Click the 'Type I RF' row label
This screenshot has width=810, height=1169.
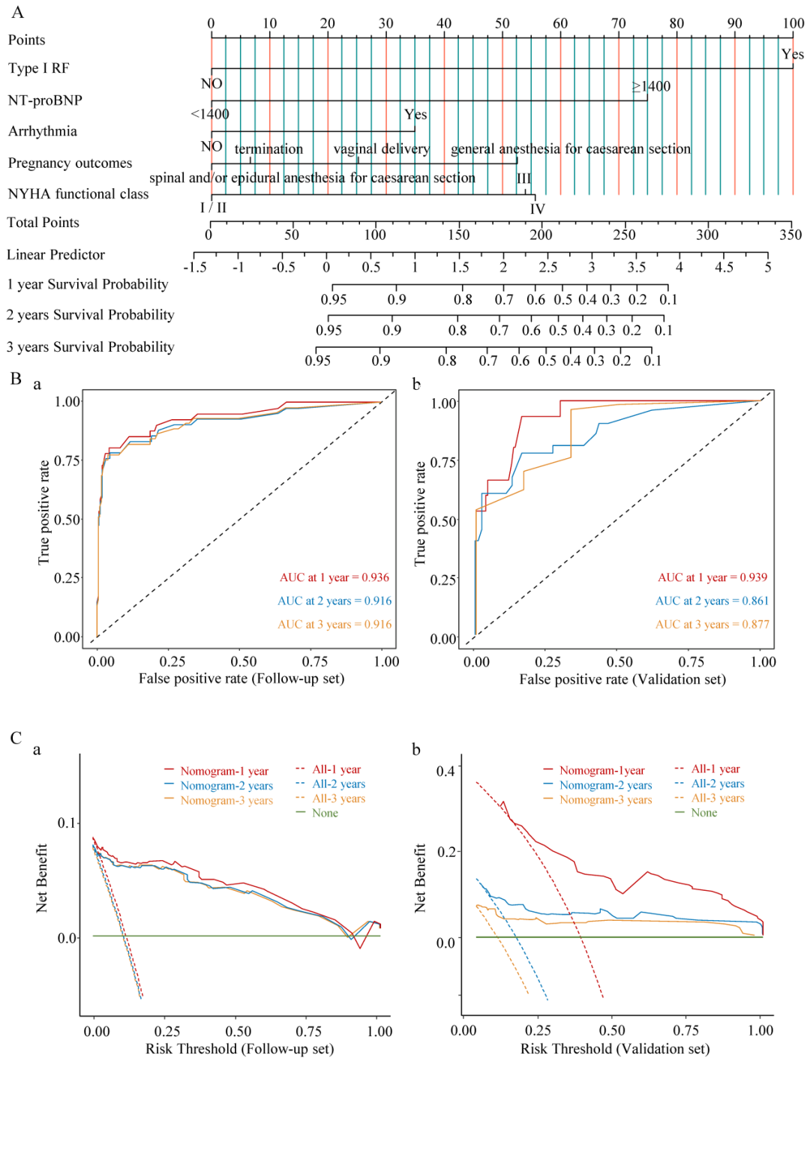38,68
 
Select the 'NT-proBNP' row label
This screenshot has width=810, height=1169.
45,100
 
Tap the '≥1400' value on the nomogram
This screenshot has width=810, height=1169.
651,86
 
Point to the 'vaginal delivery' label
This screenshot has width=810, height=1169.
381,148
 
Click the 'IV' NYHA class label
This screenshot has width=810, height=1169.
537,209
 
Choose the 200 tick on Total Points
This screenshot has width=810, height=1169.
541,235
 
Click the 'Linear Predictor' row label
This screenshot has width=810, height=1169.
55,255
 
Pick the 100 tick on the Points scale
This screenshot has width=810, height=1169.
793,23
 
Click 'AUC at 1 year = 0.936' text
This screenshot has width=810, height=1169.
334,577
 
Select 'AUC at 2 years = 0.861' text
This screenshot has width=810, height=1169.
712,601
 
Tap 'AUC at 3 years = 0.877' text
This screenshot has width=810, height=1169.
712,624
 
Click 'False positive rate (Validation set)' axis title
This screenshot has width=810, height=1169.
622,679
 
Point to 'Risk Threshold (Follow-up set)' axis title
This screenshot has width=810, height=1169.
239,1048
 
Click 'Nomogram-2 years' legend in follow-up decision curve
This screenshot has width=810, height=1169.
226,786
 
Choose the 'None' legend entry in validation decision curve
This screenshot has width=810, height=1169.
703,813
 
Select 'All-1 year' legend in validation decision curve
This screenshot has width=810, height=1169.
715,769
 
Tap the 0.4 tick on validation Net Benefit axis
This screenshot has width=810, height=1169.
445,771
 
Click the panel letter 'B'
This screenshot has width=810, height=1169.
16,379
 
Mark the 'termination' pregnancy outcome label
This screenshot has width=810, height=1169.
268,148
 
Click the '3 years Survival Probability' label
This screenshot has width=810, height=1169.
90,347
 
